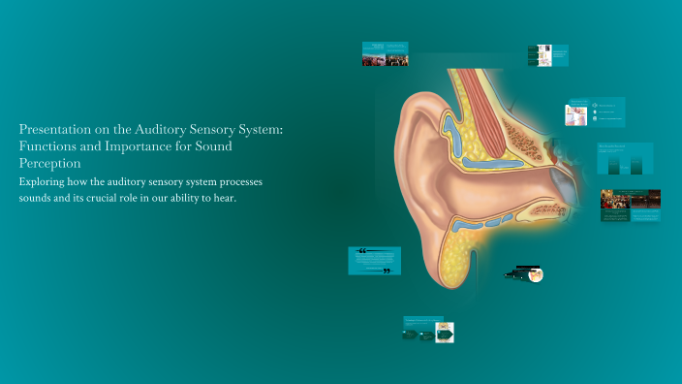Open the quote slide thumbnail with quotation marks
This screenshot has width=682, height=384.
[x=374, y=261]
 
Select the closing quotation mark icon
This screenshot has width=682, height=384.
[x=387, y=271]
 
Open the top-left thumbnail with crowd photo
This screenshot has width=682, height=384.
[x=385, y=53]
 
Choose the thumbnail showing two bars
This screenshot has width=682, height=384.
[x=625, y=158]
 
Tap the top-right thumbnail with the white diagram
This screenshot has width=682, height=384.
[x=547, y=56]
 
